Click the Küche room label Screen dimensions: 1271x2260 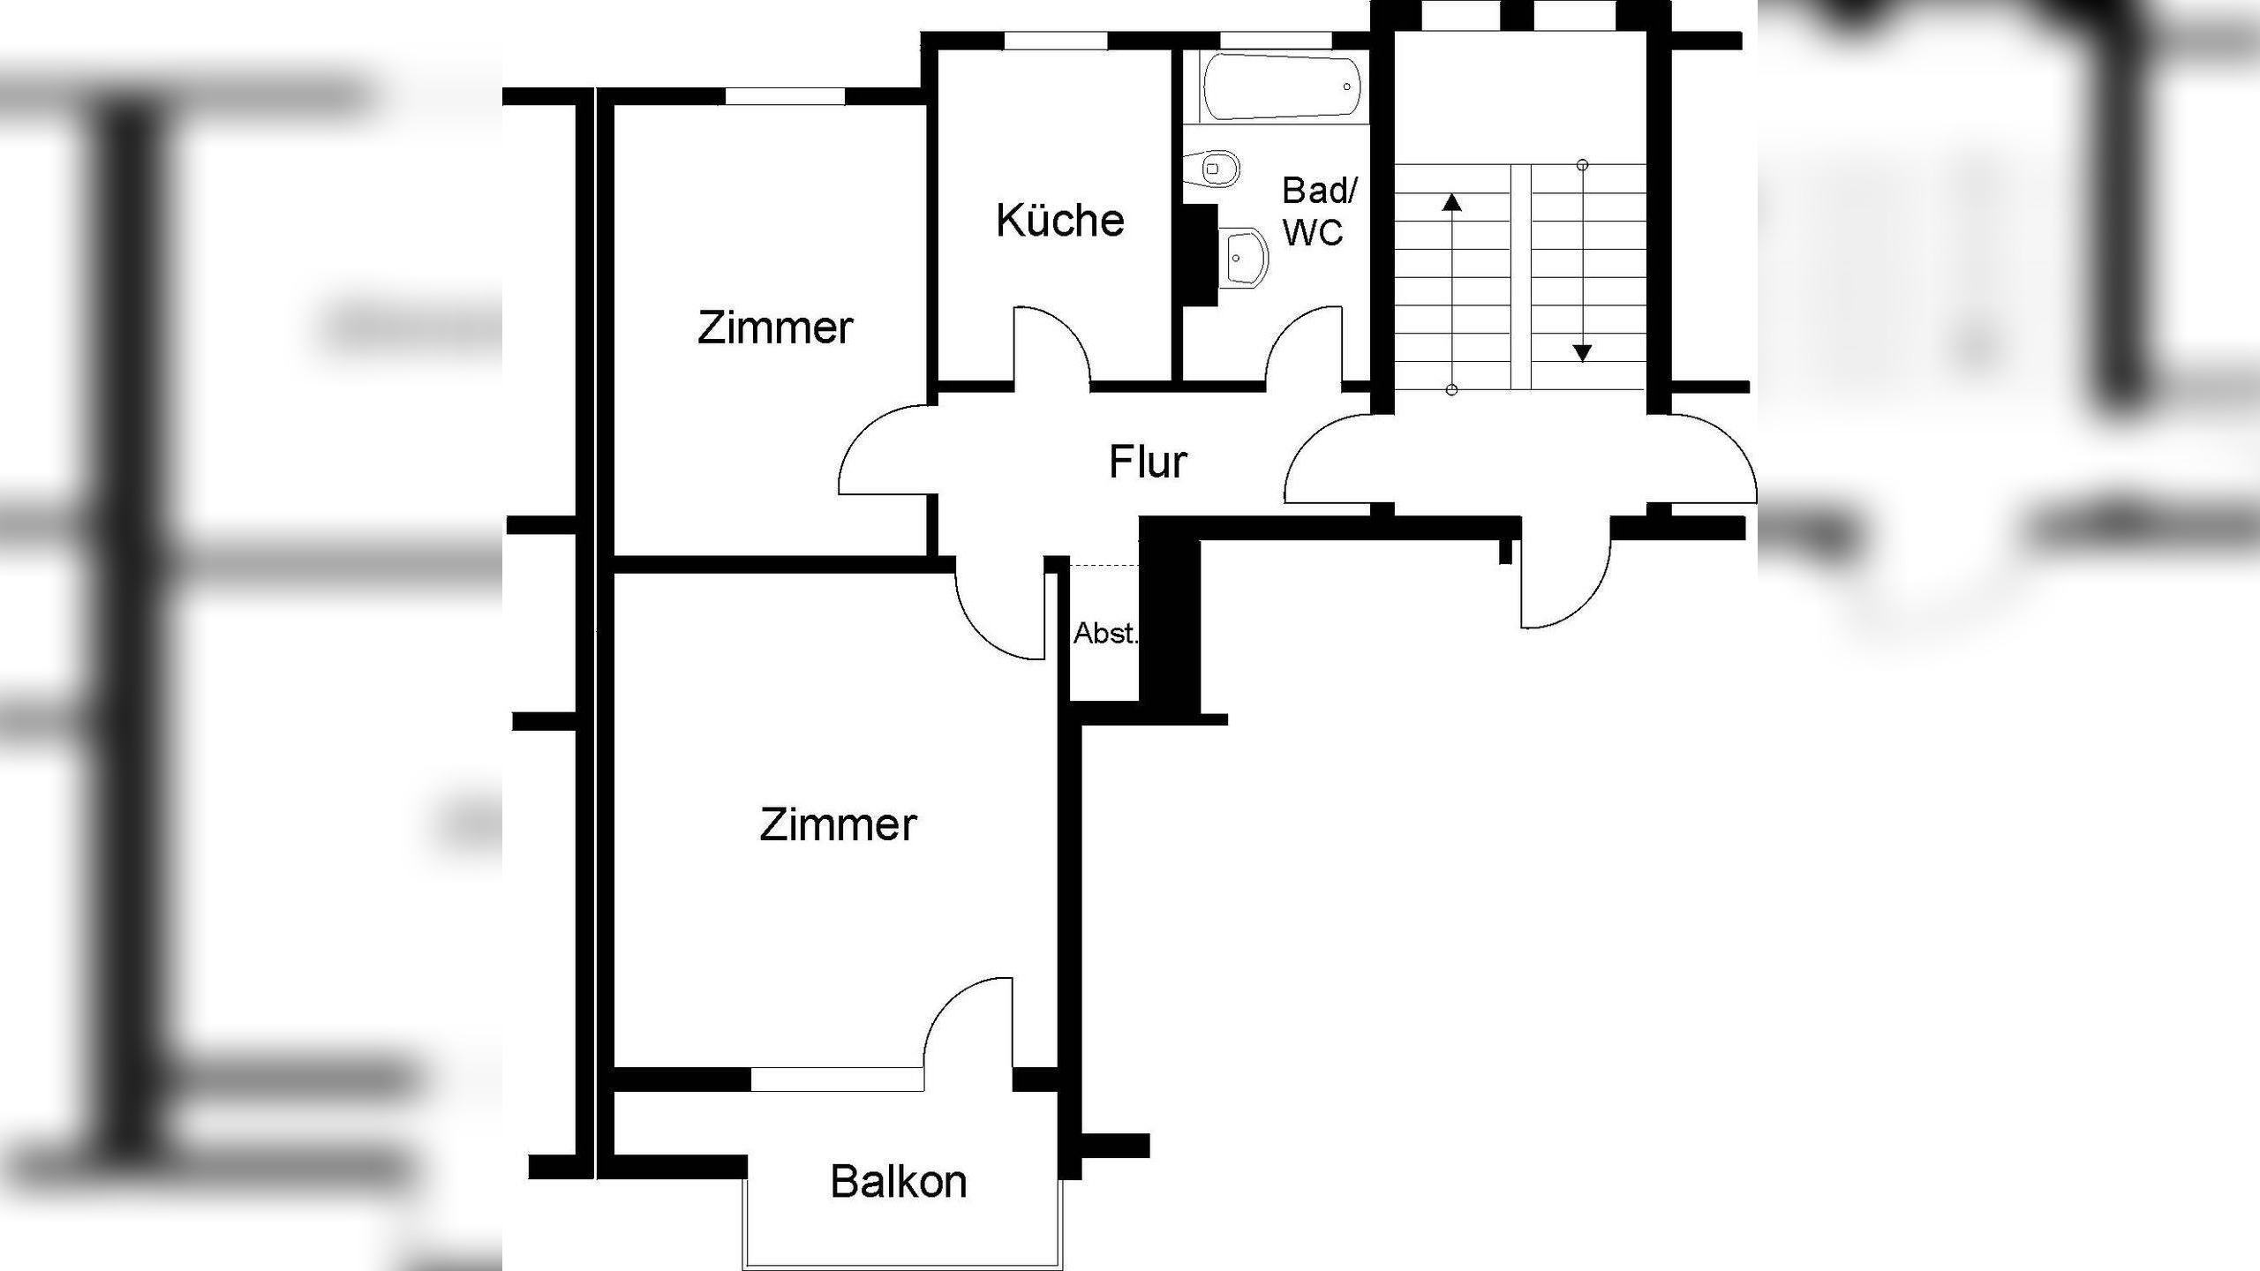point(1060,221)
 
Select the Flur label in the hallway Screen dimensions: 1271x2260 point(1148,463)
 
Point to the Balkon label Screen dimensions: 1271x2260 point(899,1182)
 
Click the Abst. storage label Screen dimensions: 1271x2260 point(1104,633)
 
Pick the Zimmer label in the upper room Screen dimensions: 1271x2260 point(775,328)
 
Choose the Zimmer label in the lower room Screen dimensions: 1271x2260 point(838,825)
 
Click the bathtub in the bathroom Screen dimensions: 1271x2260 point(1280,86)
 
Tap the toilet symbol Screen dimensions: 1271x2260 point(1216,168)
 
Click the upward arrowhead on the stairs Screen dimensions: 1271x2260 point(1451,204)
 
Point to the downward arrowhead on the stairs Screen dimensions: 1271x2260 point(1582,353)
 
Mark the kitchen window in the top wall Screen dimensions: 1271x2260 point(1055,41)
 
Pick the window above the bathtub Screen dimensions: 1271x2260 point(1275,41)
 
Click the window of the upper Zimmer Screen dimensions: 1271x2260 point(785,96)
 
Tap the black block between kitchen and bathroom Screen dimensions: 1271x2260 point(1199,256)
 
